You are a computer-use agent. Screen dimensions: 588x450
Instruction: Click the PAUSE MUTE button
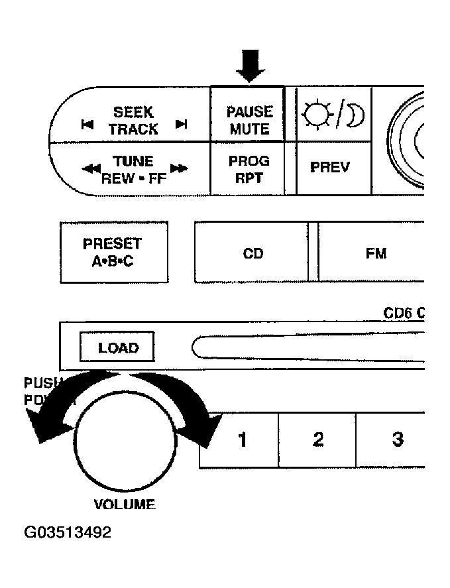pyautogui.click(x=250, y=120)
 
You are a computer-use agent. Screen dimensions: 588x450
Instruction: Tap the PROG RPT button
pyautogui.click(x=249, y=169)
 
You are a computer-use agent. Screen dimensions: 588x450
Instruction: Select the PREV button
pyautogui.click(x=330, y=167)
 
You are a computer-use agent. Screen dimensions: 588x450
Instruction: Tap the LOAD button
pyautogui.click(x=118, y=347)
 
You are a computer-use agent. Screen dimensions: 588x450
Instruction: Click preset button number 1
pyautogui.click(x=242, y=440)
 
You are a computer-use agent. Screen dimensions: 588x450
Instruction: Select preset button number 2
pyautogui.click(x=318, y=440)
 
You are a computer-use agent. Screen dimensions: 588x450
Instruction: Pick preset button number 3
pyautogui.click(x=397, y=440)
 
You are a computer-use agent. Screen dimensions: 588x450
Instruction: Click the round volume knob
pyautogui.click(x=125, y=443)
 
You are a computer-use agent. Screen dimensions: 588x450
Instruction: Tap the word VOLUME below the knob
pyautogui.click(x=125, y=504)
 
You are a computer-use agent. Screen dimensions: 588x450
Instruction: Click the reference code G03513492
pyautogui.click(x=68, y=532)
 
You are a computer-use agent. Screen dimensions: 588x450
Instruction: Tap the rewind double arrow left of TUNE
pyautogui.click(x=91, y=169)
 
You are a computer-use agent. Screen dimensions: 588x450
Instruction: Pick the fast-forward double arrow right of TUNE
pyautogui.click(x=179, y=169)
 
